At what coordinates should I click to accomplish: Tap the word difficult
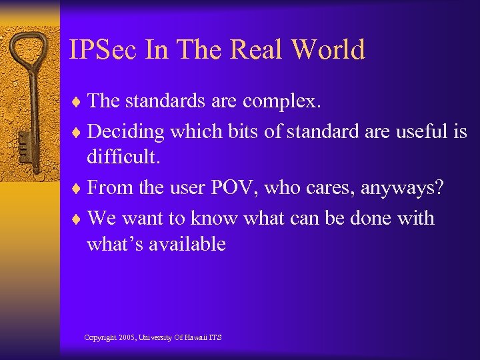[122, 158]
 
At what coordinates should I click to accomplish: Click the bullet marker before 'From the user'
[77, 189]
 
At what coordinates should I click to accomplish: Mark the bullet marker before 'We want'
[77, 219]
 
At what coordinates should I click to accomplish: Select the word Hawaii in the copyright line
[193, 338]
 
